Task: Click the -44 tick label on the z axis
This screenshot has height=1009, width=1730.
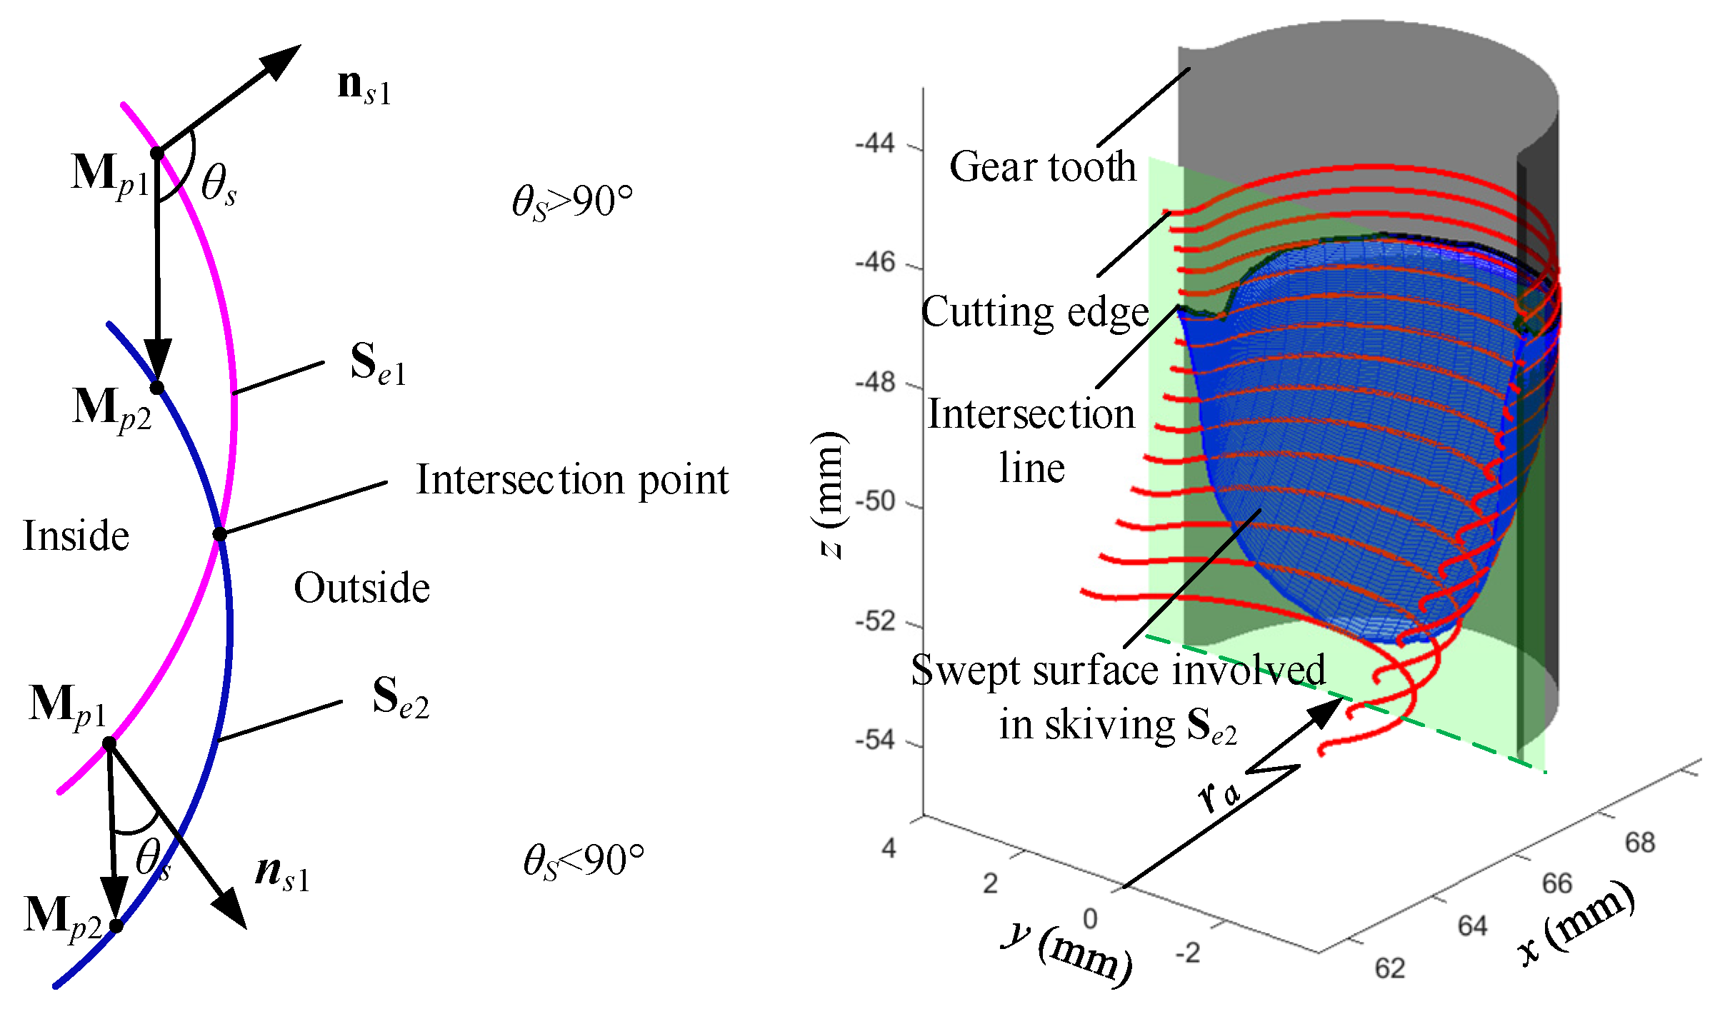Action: tap(875, 144)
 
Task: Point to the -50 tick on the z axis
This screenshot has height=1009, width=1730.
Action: tap(875, 502)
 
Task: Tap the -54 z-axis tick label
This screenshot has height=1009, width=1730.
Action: tap(875, 741)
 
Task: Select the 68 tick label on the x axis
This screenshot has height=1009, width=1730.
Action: tap(1639, 843)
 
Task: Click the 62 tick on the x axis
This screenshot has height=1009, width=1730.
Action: tap(1390, 969)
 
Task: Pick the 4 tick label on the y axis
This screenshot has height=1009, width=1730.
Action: tap(889, 849)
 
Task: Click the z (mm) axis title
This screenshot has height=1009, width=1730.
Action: tap(829, 494)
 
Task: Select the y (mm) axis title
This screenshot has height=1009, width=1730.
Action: tap(1068, 953)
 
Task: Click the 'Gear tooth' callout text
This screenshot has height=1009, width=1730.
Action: tap(1042, 167)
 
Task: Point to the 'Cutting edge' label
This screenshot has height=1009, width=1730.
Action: tap(1035, 312)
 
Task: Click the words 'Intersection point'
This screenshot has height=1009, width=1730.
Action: tap(572, 480)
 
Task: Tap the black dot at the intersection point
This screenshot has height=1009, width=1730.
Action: tap(220, 534)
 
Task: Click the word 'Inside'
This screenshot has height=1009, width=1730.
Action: tap(76, 536)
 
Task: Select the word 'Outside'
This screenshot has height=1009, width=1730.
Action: tap(361, 588)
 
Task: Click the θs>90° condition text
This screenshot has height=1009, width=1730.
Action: tap(572, 202)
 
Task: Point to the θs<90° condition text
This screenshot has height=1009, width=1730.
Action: tap(583, 860)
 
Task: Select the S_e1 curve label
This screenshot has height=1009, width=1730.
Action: tap(378, 363)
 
